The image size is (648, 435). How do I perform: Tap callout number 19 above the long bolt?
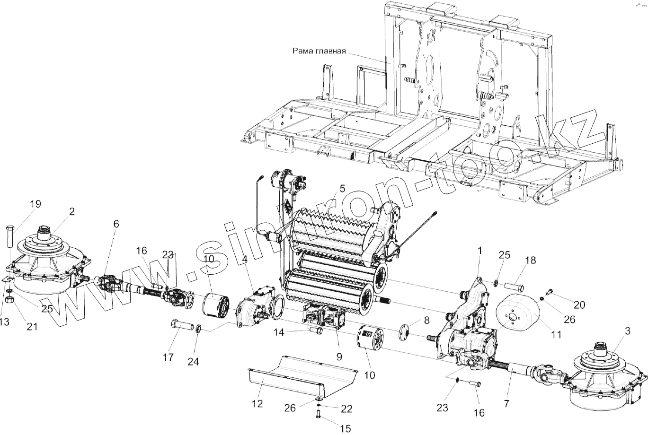(x=36, y=204)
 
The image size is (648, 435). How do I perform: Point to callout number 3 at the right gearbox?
(x=627, y=331)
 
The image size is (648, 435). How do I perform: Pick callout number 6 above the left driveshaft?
(x=116, y=225)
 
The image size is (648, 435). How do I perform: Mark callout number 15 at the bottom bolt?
(x=346, y=428)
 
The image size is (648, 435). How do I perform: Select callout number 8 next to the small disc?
(x=426, y=320)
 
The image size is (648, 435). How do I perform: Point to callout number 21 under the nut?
(x=32, y=326)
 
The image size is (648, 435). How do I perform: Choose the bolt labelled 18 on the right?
(x=513, y=287)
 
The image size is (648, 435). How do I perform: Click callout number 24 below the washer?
(x=193, y=362)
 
